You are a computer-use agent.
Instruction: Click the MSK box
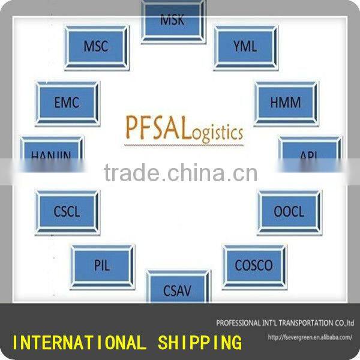click(173, 20)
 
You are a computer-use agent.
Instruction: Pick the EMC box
click(67, 103)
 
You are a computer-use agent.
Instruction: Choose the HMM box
click(286, 103)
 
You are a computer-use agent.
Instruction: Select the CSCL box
click(67, 212)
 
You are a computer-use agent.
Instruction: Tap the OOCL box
click(289, 212)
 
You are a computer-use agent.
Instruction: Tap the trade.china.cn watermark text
click(181, 173)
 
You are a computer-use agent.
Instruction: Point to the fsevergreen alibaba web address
click(310, 337)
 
